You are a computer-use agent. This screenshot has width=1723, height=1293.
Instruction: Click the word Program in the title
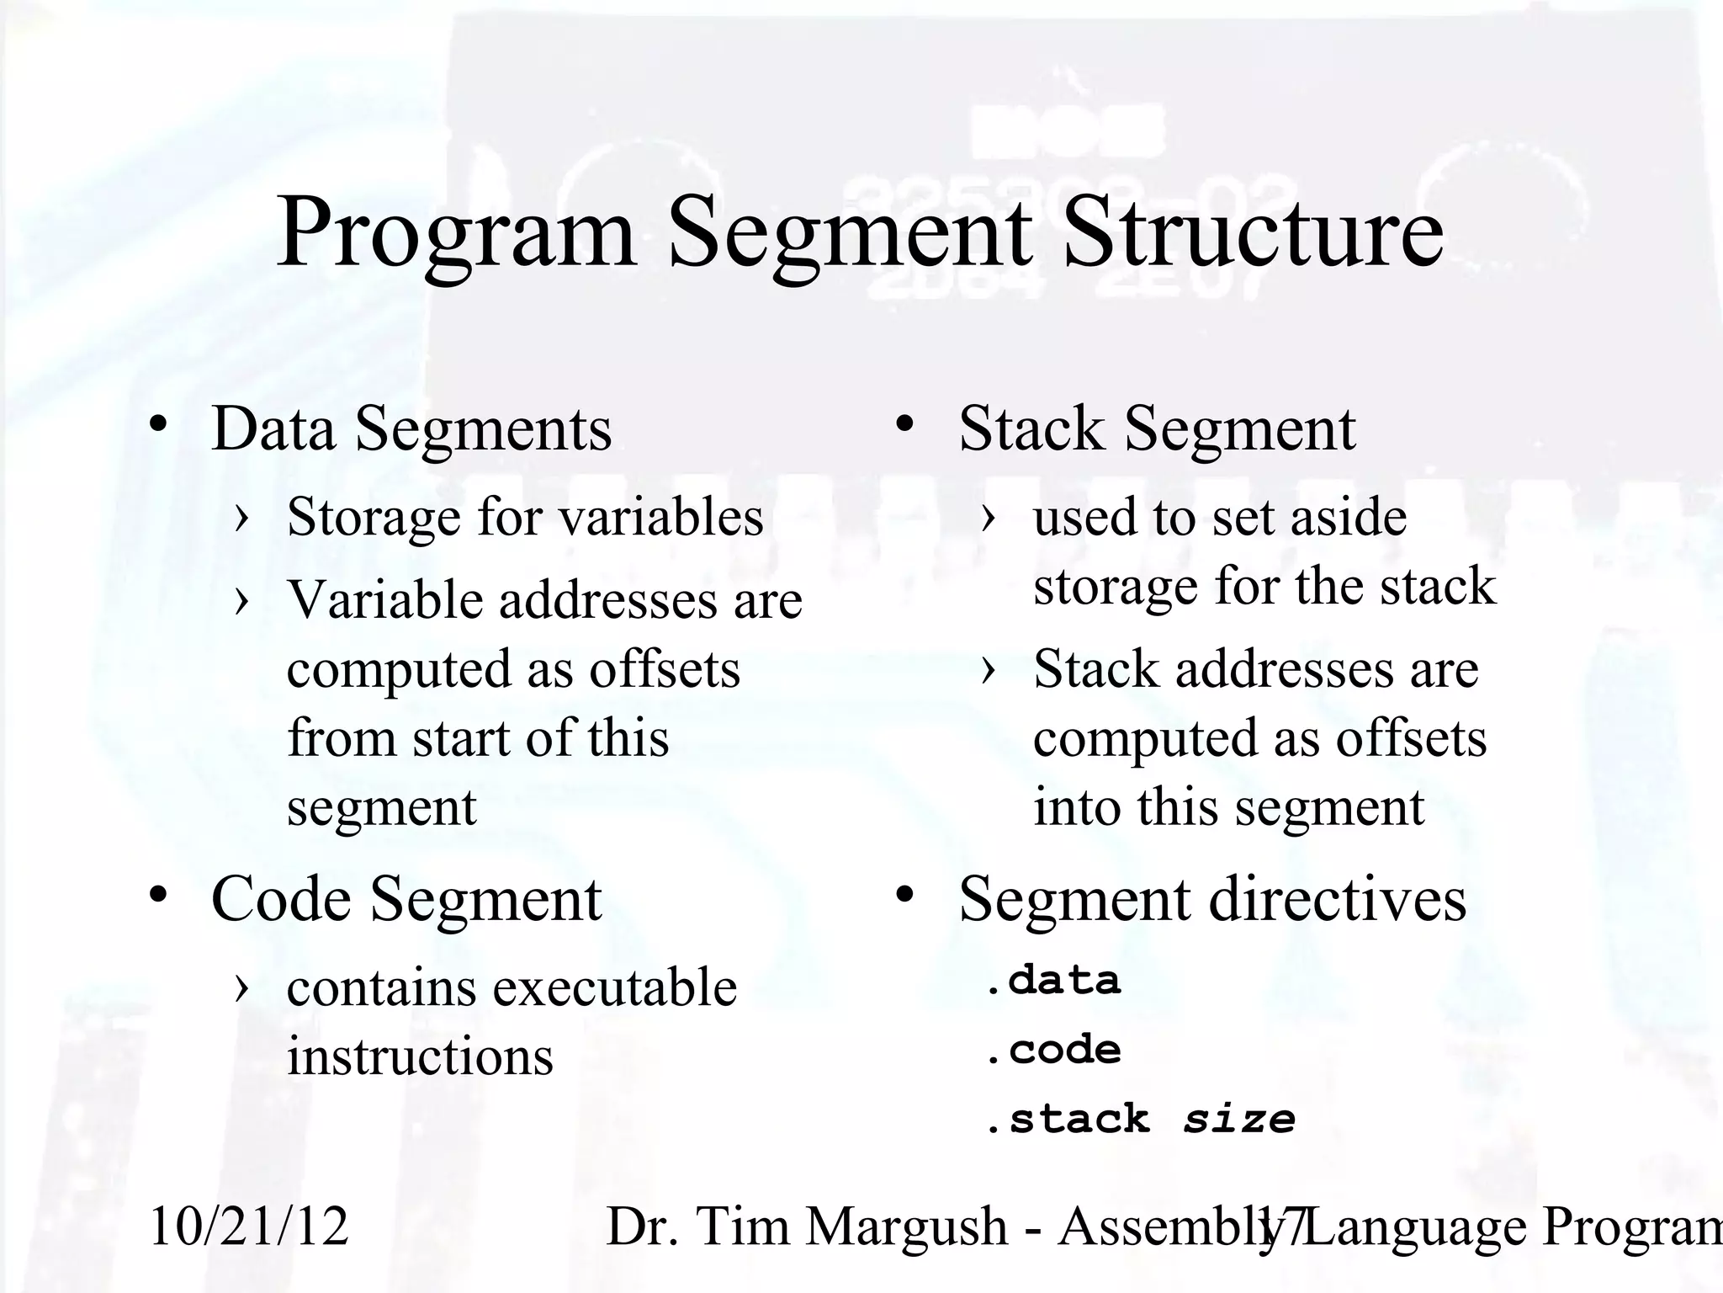455,233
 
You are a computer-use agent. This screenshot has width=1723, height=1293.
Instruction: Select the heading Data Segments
411,428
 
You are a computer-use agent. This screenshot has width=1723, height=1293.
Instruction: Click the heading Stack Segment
1157,428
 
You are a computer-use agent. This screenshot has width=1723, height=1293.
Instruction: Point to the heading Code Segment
406,899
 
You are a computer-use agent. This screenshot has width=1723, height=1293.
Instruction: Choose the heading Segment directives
1212,899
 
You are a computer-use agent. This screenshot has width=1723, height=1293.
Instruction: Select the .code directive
1053,1050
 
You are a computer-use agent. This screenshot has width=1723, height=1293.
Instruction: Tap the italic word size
1239,1120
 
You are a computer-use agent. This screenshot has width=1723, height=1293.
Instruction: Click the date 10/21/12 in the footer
249,1226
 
